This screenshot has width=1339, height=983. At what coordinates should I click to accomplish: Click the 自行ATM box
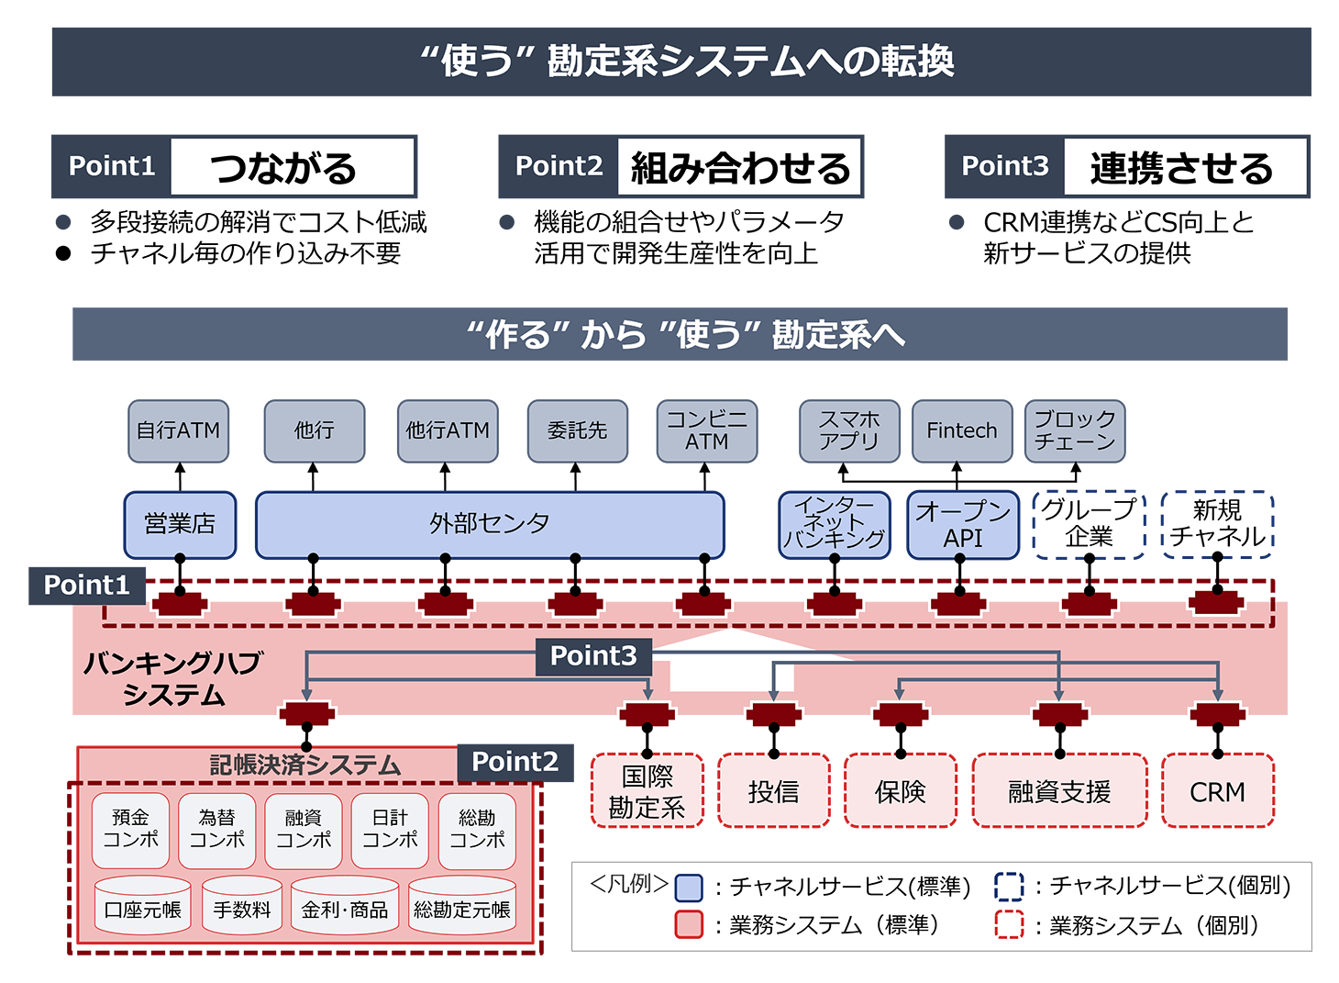(x=178, y=430)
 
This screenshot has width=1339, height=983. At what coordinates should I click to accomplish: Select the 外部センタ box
(x=490, y=524)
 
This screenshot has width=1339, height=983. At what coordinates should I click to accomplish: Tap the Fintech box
(x=962, y=430)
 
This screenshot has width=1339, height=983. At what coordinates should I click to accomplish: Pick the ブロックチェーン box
(x=1075, y=430)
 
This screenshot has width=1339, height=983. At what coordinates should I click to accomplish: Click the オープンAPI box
(x=963, y=525)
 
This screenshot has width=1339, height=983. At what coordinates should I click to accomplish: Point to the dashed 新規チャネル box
(x=1218, y=524)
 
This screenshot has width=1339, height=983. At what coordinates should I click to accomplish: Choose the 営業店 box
(x=180, y=524)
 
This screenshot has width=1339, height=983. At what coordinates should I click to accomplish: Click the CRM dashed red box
(x=1218, y=791)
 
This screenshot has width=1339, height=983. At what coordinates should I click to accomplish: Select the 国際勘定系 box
(x=647, y=791)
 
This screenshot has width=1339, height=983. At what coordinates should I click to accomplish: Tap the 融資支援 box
(x=1059, y=791)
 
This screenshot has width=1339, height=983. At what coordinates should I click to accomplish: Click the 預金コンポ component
(x=130, y=830)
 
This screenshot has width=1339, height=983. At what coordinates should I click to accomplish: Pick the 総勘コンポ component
(x=477, y=830)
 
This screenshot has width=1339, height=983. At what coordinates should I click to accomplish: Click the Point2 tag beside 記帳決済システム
(x=515, y=762)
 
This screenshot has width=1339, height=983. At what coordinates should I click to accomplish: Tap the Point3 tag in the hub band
(x=593, y=656)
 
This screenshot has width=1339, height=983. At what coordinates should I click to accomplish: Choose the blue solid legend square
(x=689, y=888)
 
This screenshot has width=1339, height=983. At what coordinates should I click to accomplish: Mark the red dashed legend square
(x=1009, y=925)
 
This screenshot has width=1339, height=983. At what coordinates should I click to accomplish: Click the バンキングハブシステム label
(x=173, y=679)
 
